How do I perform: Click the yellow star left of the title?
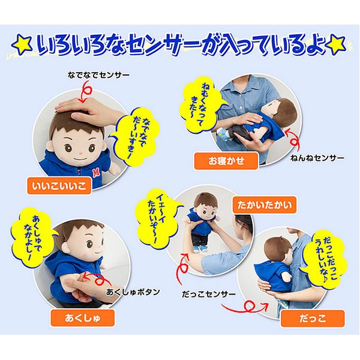coord(22,44)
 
